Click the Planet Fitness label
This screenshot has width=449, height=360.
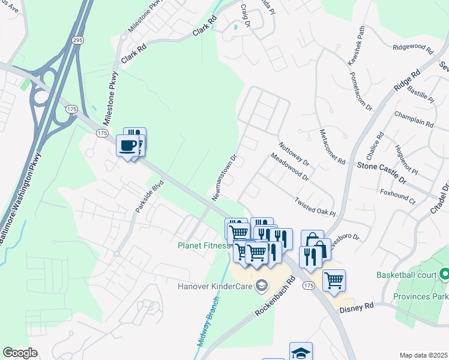204,245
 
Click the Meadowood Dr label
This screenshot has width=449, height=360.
289,169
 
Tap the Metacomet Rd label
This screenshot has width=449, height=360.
332,147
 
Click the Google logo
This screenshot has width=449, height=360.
20,352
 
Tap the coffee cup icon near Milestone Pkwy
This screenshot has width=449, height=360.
127,146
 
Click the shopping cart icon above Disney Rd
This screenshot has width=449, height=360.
334,280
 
